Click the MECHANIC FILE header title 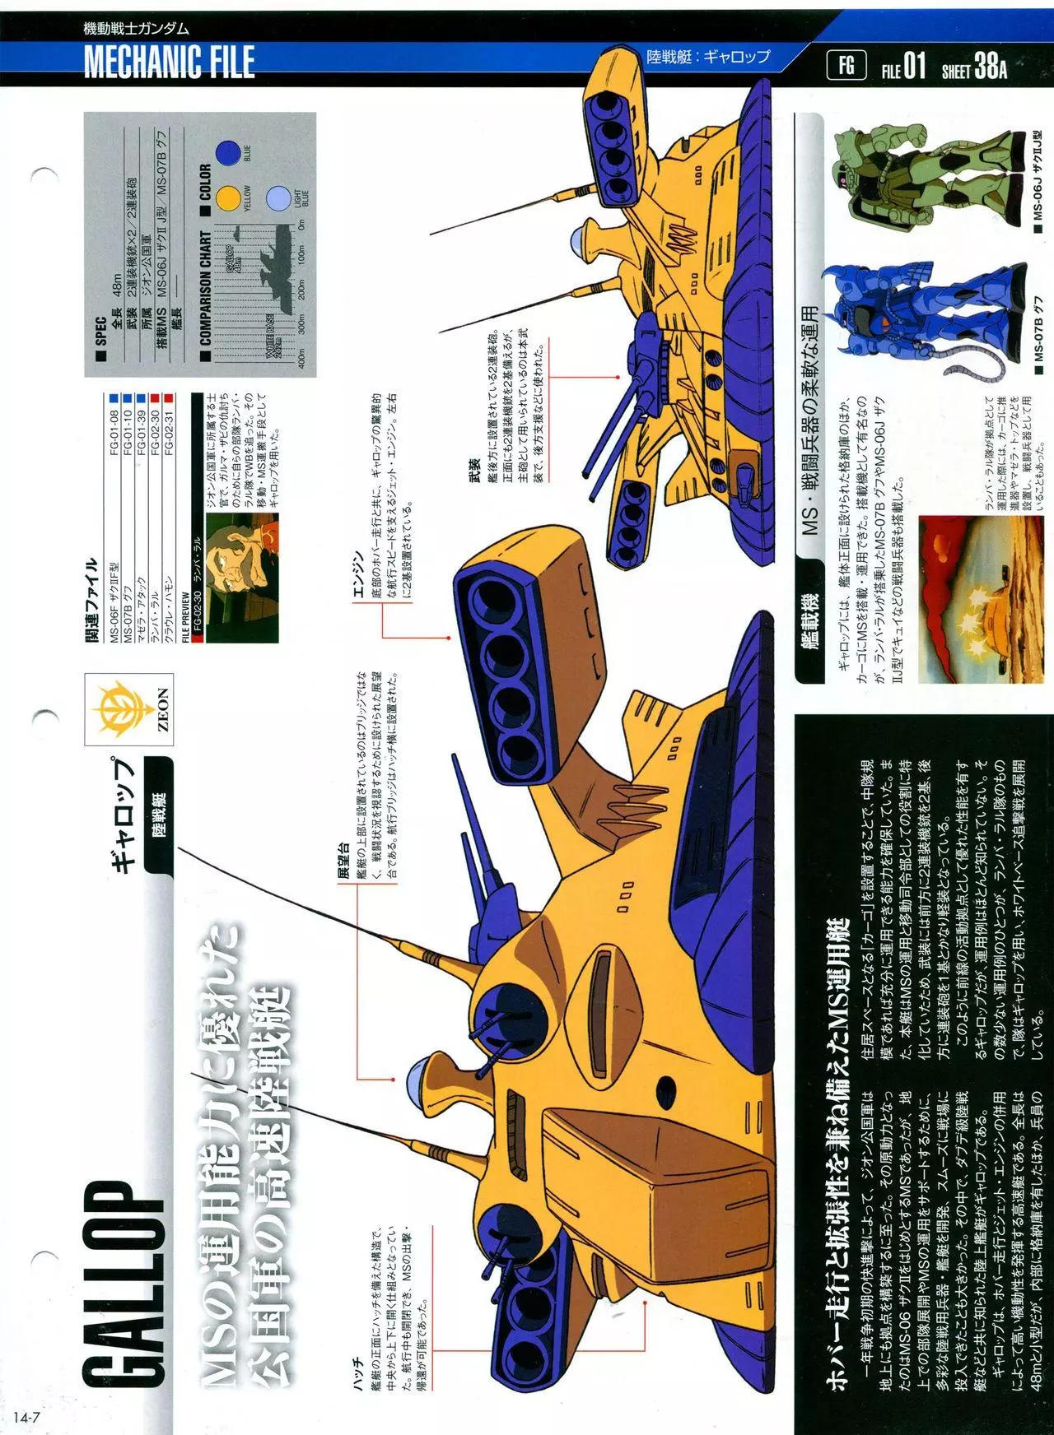pyautogui.click(x=170, y=63)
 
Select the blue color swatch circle pyautogui.click(x=230, y=151)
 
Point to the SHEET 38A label pyautogui.click(x=974, y=67)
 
